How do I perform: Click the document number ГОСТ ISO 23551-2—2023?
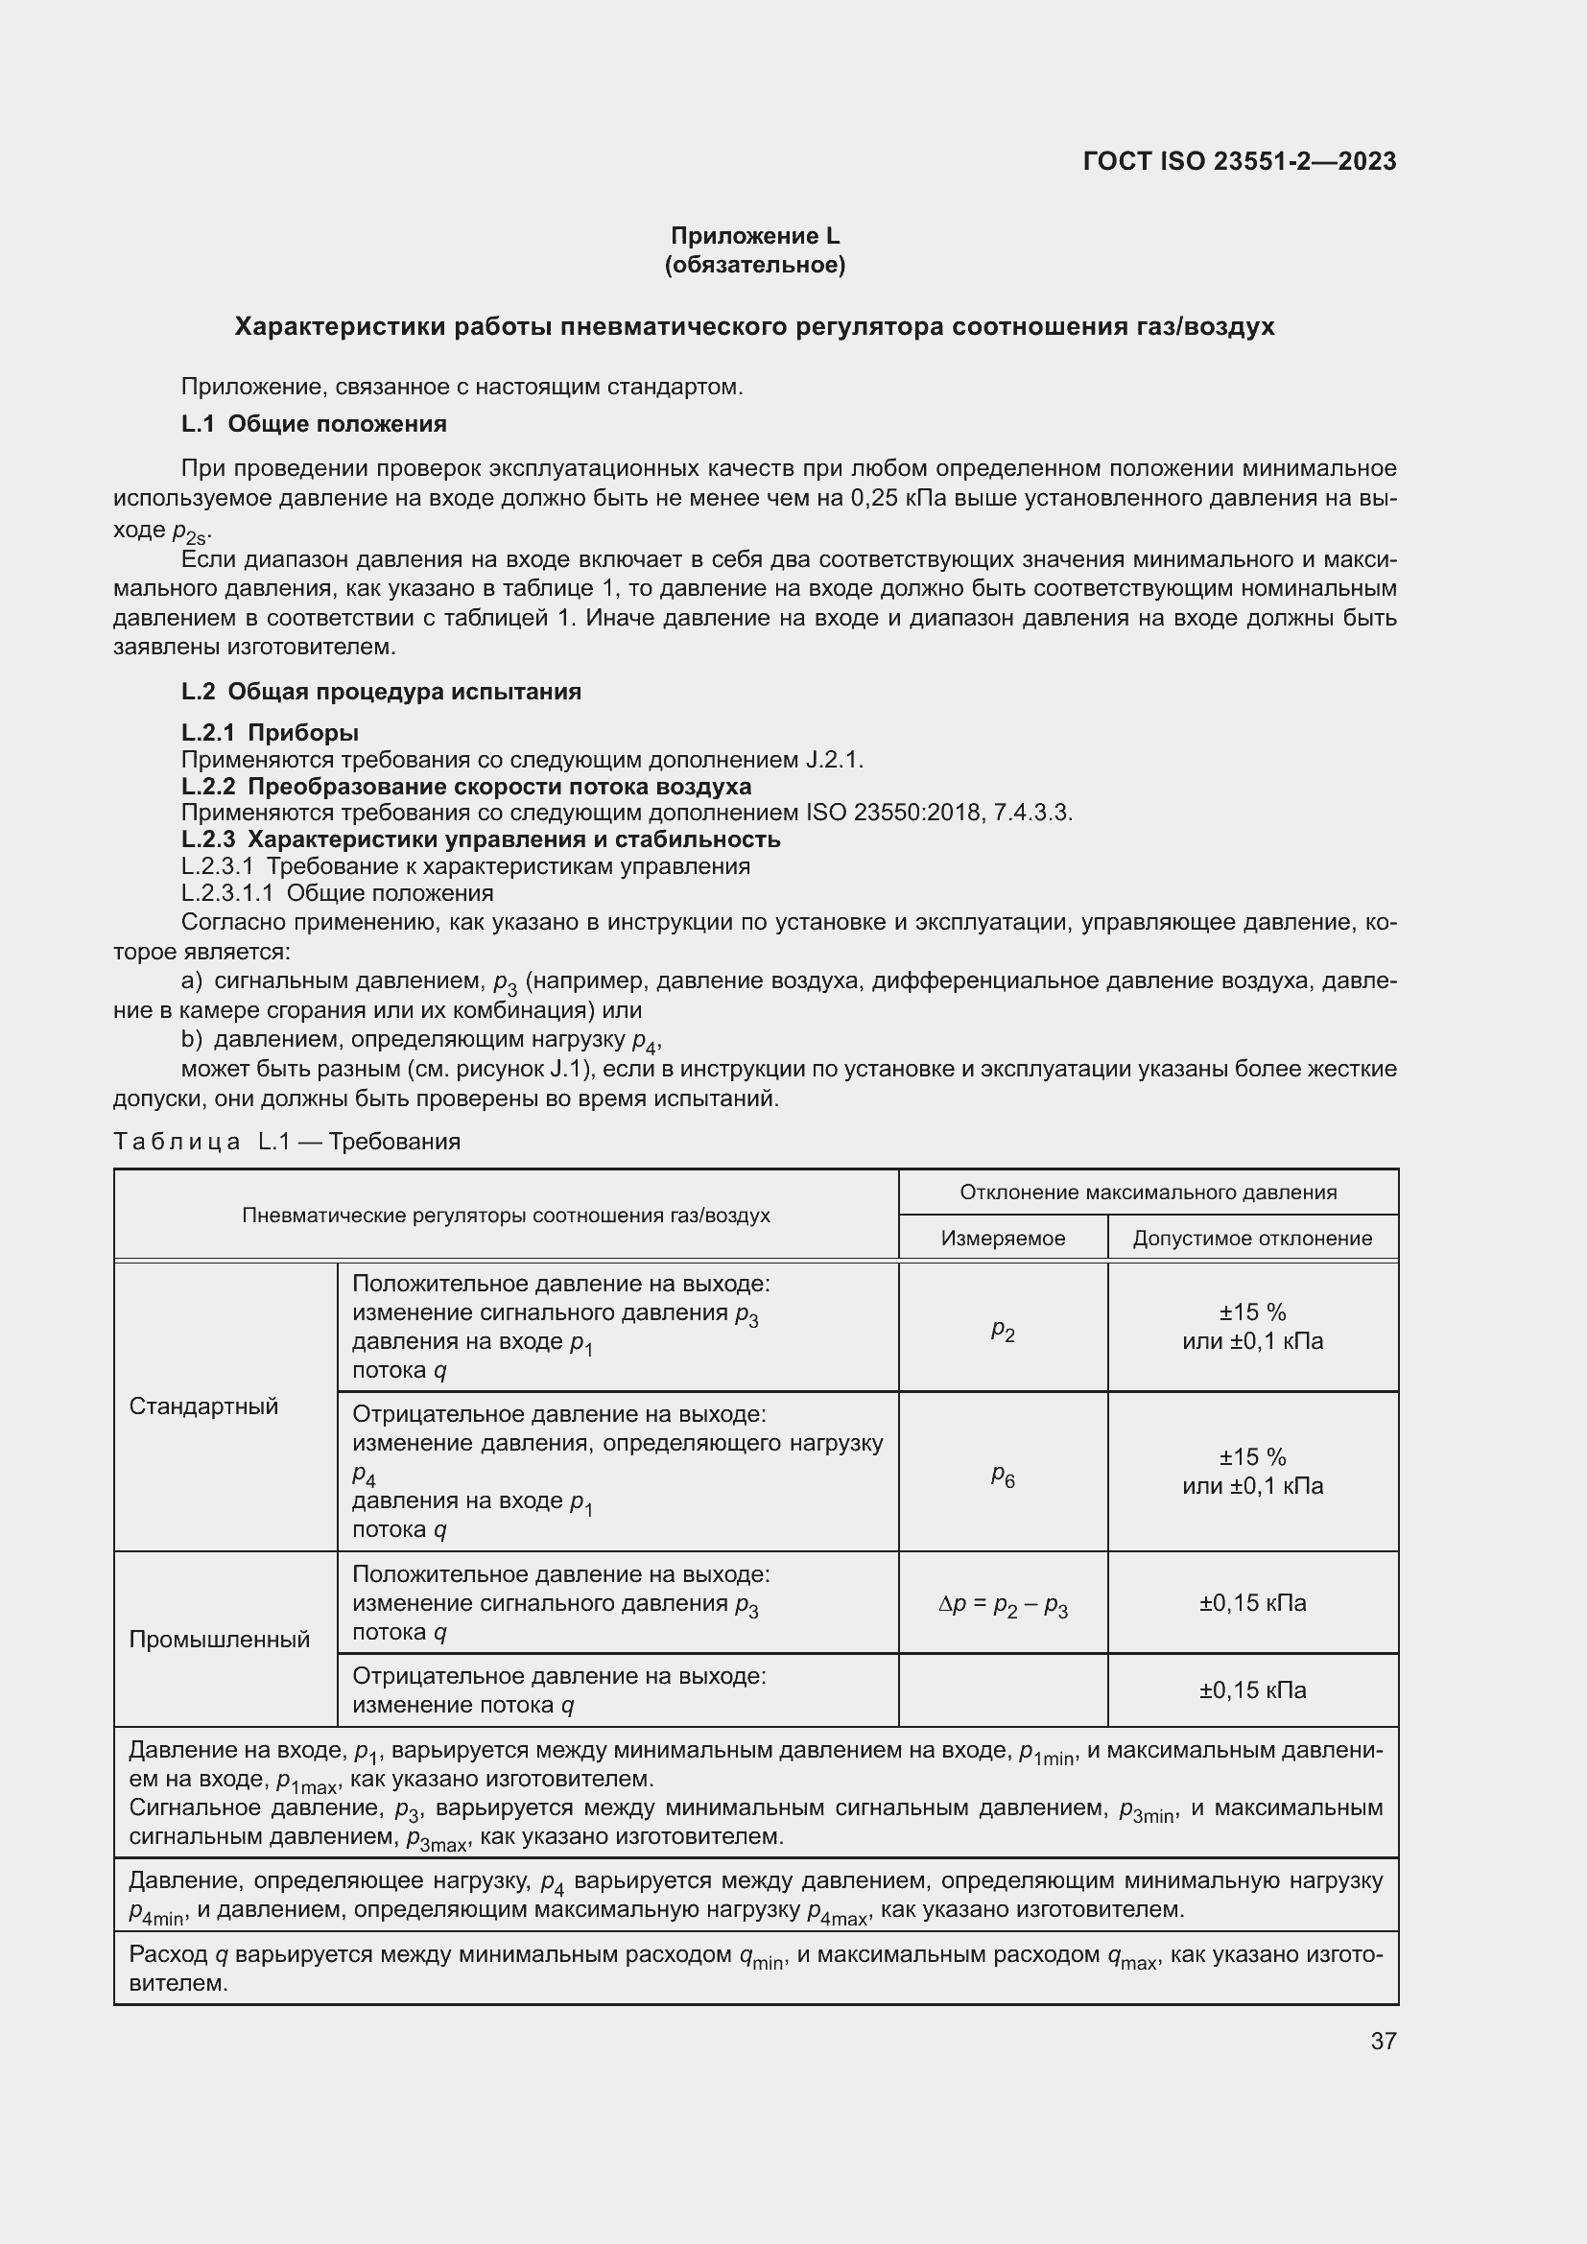pos(1239,161)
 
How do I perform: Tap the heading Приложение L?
pos(754,236)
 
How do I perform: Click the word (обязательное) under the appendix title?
pos(754,265)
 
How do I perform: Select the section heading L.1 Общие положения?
pos(314,424)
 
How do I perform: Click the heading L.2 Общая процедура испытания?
pos(381,692)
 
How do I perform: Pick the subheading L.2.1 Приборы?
pos(270,733)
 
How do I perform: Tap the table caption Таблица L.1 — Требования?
pos(286,1142)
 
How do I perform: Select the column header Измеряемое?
pos(1003,1239)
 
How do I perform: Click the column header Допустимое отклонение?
pos(1252,1239)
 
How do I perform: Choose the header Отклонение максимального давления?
pos(1149,1193)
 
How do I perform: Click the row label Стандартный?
pos(203,1406)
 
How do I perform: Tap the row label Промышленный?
pos(219,1640)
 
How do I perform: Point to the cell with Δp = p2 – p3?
pos(1003,1604)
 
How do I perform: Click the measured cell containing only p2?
pos(1003,1328)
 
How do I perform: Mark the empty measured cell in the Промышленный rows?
pos(1003,1690)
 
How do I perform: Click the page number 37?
pos(1383,2041)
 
